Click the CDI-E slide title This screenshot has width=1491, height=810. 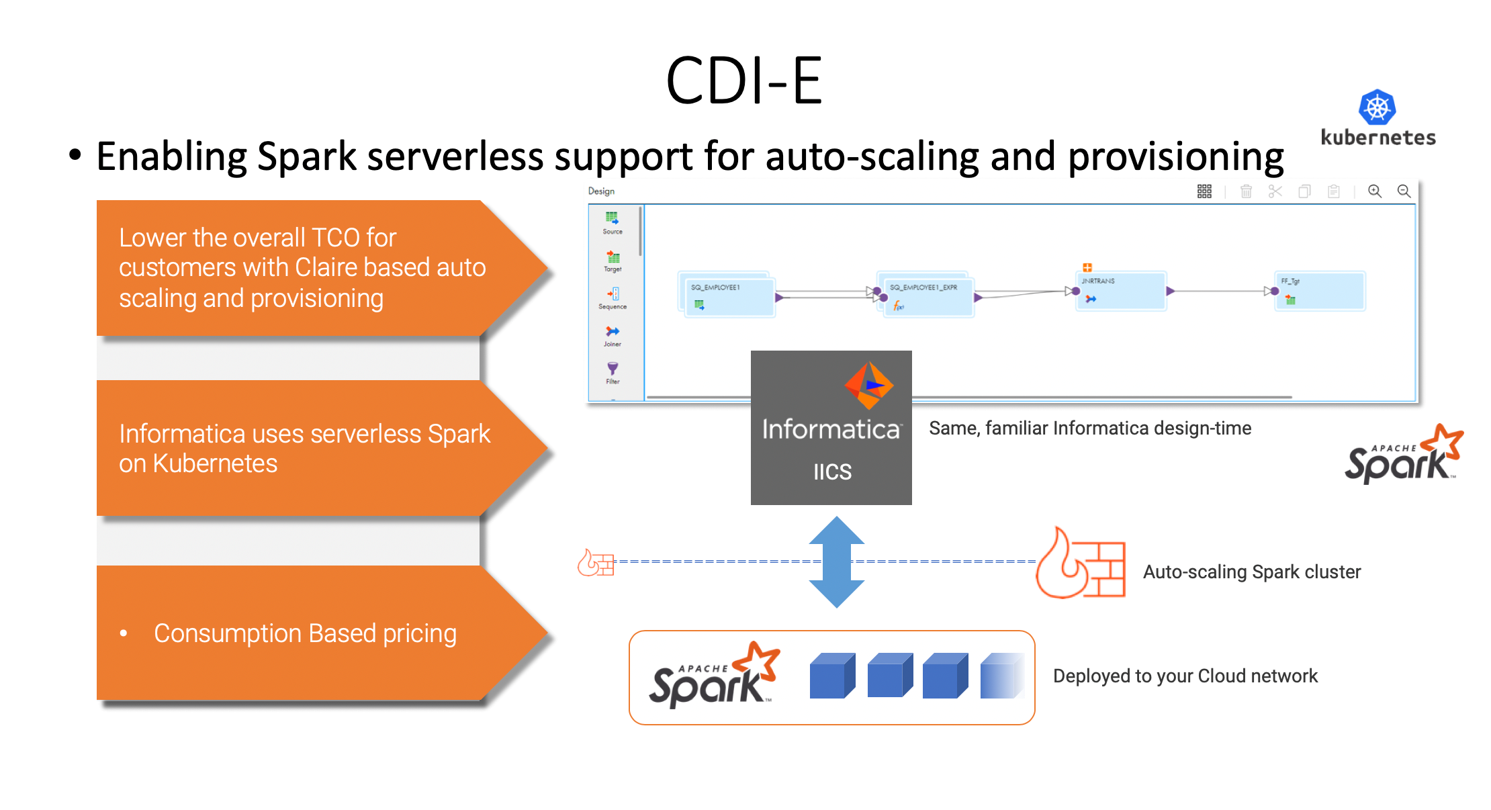pyautogui.click(x=744, y=81)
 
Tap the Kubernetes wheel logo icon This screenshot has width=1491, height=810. pyautogui.click(x=1377, y=107)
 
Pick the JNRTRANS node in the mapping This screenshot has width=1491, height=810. pyautogui.click(x=1120, y=290)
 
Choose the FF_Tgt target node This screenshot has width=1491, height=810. pyautogui.click(x=1319, y=290)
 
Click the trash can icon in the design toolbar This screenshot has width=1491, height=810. pyautogui.click(x=1246, y=192)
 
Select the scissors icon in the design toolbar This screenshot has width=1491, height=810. pyautogui.click(x=1275, y=192)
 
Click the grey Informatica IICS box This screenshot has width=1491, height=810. pyautogui.click(x=831, y=428)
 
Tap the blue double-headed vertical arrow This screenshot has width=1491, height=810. pyautogui.click(x=836, y=562)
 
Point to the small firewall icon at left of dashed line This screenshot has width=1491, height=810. pyautogui.click(x=596, y=563)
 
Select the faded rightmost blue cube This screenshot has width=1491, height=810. pyautogui.click(x=1001, y=676)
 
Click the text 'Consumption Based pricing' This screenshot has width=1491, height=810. pyautogui.click(x=305, y=633)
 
